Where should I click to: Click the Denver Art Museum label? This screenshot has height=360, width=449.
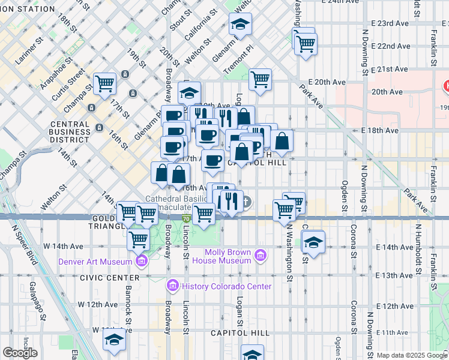[95, 262]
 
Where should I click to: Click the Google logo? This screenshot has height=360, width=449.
[20, 353]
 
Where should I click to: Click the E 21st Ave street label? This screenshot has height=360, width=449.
[391, 69]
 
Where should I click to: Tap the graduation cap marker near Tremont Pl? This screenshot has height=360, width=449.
[240, 24]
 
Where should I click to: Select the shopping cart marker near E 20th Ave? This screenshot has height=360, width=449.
[260, 79]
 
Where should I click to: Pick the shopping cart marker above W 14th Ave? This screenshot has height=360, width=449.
[139, 239]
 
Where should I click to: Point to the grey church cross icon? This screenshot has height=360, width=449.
[247, 202]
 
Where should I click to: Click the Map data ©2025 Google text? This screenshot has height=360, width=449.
[411, 355]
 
